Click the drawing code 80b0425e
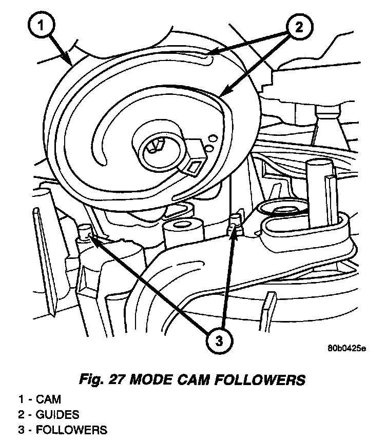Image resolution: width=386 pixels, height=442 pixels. [347, 349]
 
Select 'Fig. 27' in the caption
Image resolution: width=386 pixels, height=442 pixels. [102, 380]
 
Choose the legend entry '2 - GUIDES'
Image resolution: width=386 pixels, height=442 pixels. [49, 415]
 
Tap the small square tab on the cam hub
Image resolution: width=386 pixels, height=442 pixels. [195, 165]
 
